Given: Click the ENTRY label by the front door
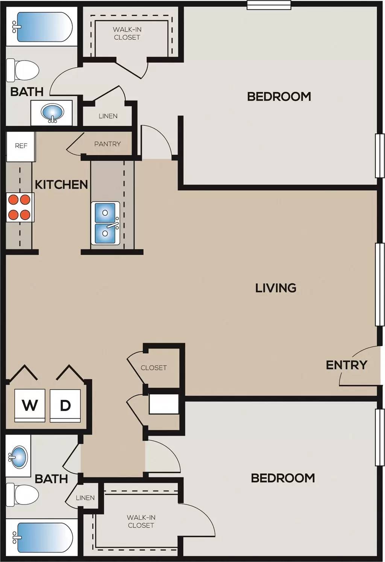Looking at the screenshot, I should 346,365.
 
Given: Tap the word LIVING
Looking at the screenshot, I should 276,288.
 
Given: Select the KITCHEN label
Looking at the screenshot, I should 61,184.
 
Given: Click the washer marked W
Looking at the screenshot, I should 30,406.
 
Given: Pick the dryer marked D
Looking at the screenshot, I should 65,406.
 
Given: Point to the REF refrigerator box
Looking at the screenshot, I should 21,146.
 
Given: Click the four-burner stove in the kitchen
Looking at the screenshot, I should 20,207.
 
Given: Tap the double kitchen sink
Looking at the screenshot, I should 105,223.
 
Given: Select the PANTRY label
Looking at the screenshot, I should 108,144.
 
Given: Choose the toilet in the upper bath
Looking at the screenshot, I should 23,70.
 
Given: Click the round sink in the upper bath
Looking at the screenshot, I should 52,112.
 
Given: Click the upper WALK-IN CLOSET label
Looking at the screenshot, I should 127,33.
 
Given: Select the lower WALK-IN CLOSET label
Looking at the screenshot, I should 141,521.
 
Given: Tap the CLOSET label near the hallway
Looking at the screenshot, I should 153,368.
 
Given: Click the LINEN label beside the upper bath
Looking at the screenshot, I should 108,116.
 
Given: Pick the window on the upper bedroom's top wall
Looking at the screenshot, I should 269,5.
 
